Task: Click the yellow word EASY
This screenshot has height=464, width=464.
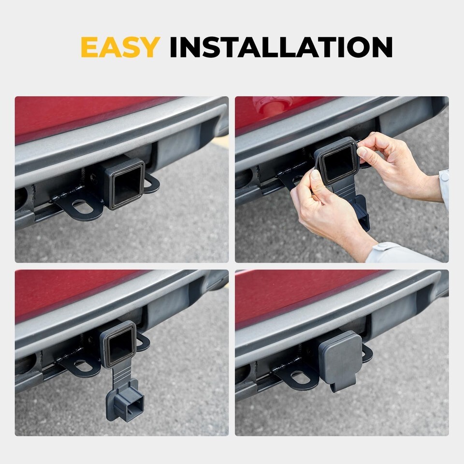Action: [x=120, y=47]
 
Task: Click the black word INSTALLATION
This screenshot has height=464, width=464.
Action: [x=281, y=47]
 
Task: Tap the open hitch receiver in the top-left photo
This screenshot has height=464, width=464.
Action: [x=125, y=184]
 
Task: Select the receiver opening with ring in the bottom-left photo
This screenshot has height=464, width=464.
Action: [x=119, y=344]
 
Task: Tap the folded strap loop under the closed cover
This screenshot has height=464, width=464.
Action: [x=337, y=386]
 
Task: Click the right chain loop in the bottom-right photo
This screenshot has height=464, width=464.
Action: [x=367, y=353]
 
